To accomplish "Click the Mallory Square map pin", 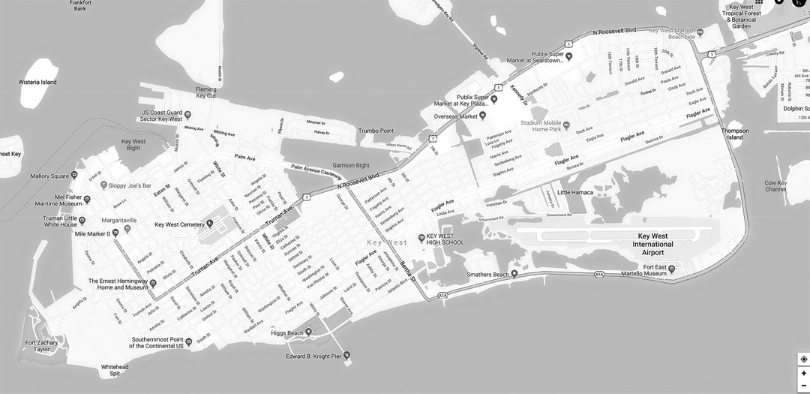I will click(x=74, y=176).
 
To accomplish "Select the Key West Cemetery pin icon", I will click(x=210, y=224).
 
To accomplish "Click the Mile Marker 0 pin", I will click(x=115, y=233).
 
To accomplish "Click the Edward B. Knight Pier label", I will click(x=313, y=356).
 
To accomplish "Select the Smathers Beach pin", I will click(x=514, y=274).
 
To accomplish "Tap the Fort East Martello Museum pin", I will click(x=672, y=268).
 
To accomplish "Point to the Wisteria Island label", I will click(x=37, y=82).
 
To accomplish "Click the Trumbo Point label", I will click(x=376, y=131).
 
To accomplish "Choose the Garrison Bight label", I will click(x=351, y=165).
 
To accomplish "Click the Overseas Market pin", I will click(x=483, y=116).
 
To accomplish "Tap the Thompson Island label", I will click(x=735, y=134).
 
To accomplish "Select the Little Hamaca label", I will click(x=574, y=192).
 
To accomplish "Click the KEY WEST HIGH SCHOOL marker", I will click(x=421, y=238).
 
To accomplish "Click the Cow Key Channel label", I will click(x=775, y=186).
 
